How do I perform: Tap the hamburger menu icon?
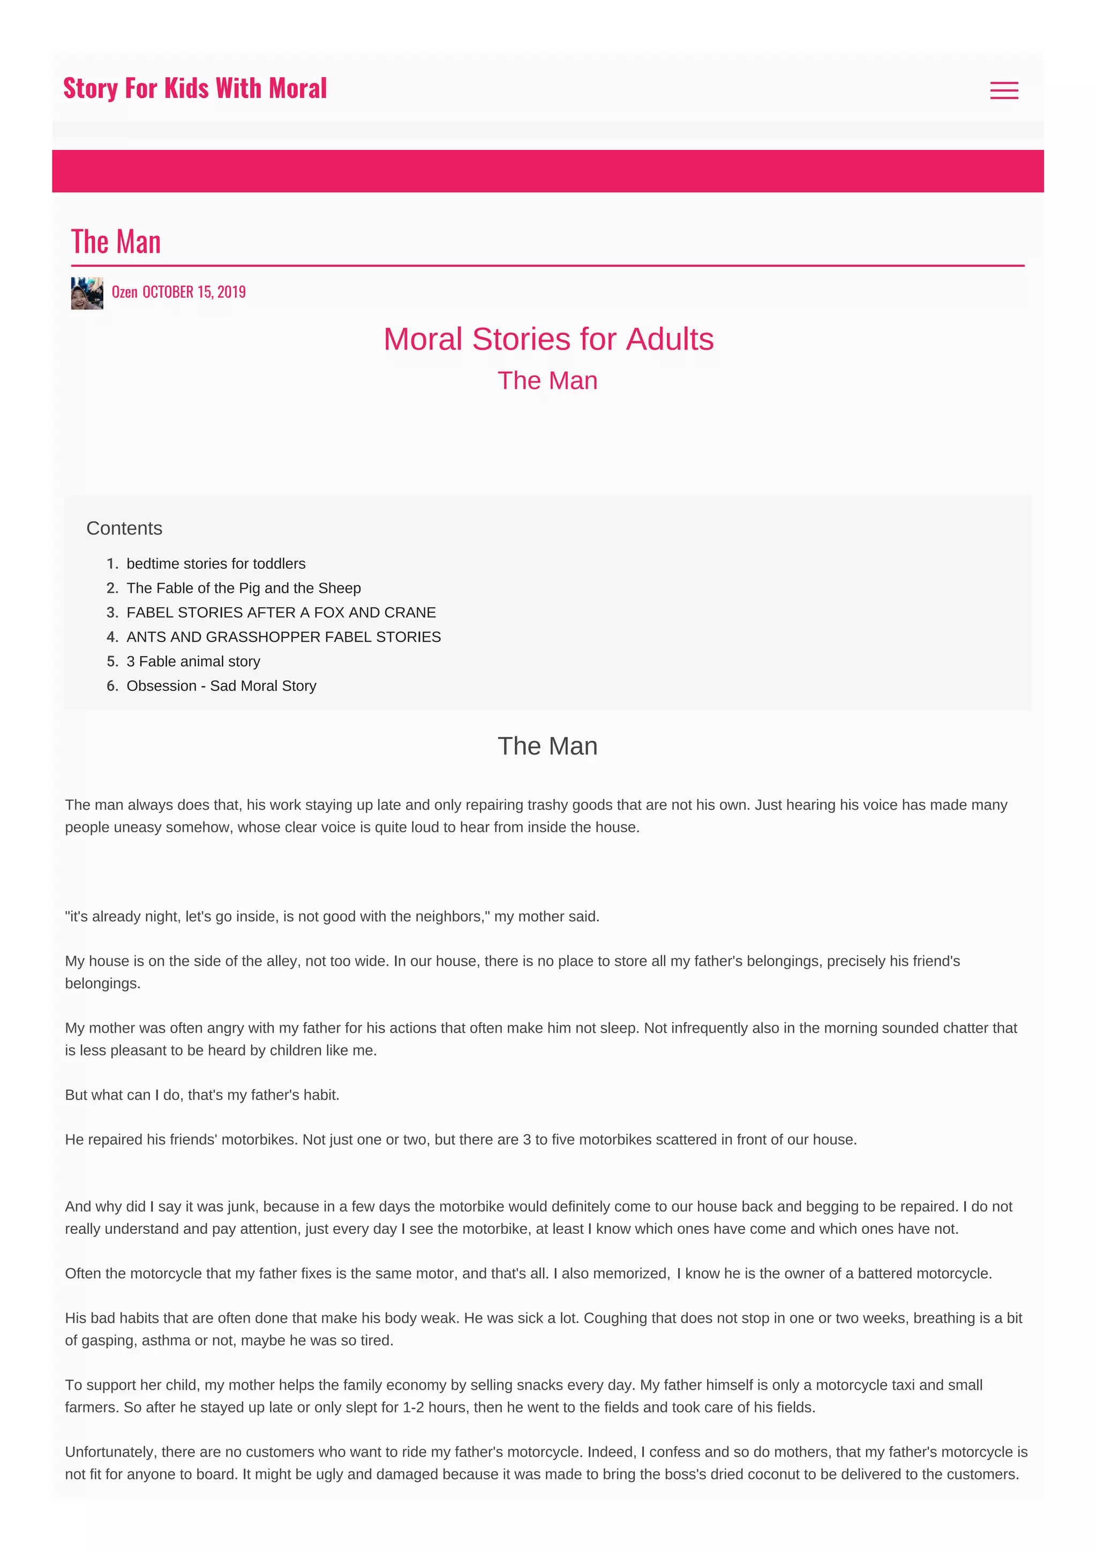coord(1004,91)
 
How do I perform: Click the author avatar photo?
coord(87,293)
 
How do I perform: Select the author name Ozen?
coord(124,292)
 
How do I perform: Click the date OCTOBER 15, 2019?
coord(194,292)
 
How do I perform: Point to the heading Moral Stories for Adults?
coord(548,340)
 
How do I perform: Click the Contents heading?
coord(124,529)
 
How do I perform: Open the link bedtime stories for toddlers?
coord(216,564)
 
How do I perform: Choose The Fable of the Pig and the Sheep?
coord(243,588)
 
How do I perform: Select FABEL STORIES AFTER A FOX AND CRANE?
coord(281,613)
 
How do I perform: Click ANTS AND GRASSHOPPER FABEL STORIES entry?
coord(283,637)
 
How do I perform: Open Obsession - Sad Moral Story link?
coord(221,685)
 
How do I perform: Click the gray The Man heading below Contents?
coord(547,746)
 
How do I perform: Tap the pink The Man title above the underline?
coord(116,242)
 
